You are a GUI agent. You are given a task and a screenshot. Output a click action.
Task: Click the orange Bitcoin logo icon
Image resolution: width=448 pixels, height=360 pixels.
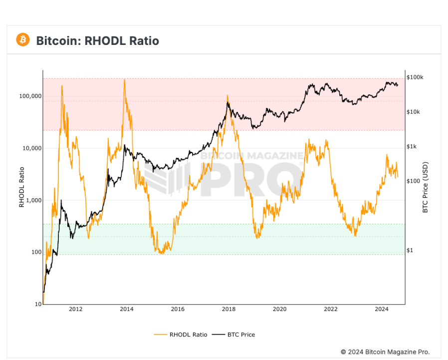pos(23,39)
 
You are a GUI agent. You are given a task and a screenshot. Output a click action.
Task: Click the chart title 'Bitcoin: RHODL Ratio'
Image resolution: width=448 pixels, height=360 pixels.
pos(97,40)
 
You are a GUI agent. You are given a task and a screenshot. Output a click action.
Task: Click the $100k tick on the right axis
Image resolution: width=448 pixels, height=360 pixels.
pos(415,77)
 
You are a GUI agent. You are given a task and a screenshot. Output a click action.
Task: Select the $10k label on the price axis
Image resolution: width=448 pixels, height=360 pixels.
pos(413,112)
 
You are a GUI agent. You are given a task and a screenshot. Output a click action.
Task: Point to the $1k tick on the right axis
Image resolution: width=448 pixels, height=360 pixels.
pos(412,147)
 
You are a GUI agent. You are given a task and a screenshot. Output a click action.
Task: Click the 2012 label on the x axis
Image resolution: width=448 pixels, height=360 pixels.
pos(75,310)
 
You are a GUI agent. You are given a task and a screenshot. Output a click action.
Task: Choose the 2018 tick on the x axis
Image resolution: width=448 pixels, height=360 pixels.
pos(228,310)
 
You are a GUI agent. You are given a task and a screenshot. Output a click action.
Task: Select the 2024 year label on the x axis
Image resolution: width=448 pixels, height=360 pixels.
pos(382,310)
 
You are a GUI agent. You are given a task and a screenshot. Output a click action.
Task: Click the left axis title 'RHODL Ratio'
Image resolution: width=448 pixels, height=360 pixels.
pos(21,188)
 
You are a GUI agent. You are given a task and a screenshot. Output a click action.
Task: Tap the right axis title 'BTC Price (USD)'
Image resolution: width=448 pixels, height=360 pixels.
pos(426,188)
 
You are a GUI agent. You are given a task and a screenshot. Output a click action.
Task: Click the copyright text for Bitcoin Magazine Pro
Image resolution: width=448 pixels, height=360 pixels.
pos(385,352)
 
